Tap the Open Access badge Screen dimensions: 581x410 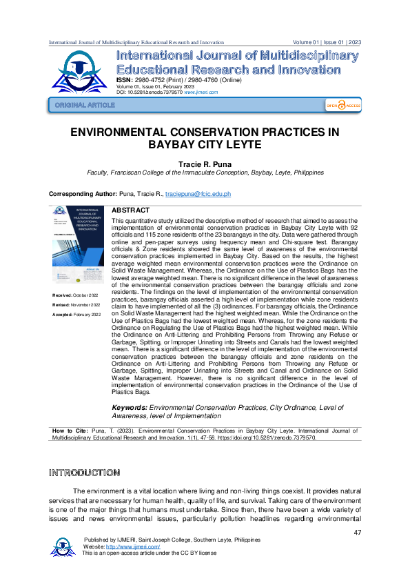343,105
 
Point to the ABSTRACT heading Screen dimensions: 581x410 130,209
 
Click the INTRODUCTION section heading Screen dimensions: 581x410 84,473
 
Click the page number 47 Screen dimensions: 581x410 357,532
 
